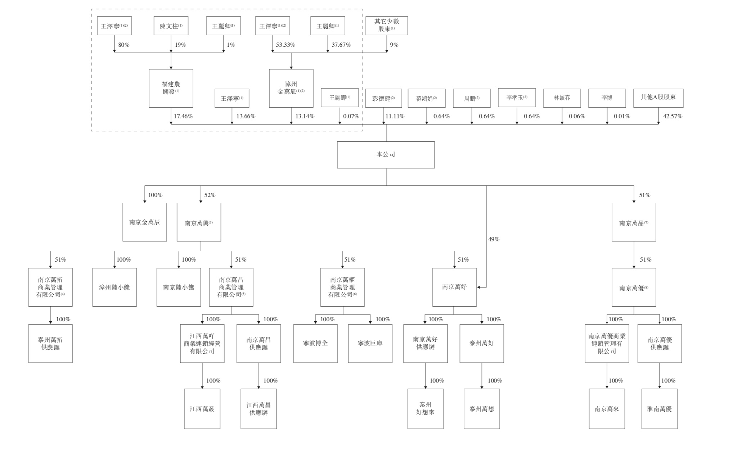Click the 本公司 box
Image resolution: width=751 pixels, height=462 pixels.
pyautogui.click(x=386, y=155)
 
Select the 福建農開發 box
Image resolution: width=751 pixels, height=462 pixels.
pyautogui.click(x=171, y=88)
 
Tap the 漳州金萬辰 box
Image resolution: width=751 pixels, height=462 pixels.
pyautogui.click(x=291, y=88)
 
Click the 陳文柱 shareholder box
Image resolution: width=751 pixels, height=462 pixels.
pyautogui.click(x=171, y=26)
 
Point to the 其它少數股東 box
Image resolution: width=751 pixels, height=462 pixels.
pyautogui.click(x=387, y=26)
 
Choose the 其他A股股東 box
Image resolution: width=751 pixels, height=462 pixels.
pyautogui.click(x=658, y=98)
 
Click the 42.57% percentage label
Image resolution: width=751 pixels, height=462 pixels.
pyautogui.click(x=673, y=116)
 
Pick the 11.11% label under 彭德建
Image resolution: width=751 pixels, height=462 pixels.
pyautogui.click(x=395, y=116)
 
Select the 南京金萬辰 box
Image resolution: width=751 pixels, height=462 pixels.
pyautogui.click(x=145, y=222)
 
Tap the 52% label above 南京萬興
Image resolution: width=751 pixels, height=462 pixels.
pyautogui.click(x=210, y=195)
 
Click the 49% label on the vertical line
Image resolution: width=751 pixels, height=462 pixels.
pyautogui.click(x=494, y=239)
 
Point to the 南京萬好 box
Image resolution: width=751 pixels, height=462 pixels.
pyautogui.click(x=454, y=287)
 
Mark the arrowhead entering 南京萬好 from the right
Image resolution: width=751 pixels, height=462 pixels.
pyautogui.click(x=479, y=287)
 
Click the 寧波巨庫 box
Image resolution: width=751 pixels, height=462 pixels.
pyautogui.click(x=370, y=344)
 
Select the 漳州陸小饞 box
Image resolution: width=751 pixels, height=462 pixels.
pyautogui.click(x=114, y=287)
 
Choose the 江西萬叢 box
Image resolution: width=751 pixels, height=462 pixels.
pyautogui.click(x=202, y=409)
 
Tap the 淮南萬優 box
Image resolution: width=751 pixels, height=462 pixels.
pyautogui.click(x=660, y=409)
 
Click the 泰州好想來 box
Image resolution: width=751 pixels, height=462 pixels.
pyautogui.click(x=426, y=409)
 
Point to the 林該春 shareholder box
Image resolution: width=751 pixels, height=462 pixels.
pyautogui.click(x=562, y=98)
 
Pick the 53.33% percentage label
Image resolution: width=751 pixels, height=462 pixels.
pyautogui.click(x=285, y=45)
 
